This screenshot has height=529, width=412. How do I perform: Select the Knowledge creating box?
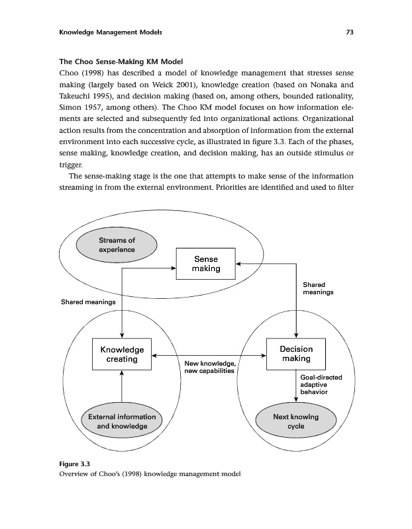[122, 354]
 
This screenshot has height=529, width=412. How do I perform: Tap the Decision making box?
[296, 354]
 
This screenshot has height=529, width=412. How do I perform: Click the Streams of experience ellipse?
[117, 245]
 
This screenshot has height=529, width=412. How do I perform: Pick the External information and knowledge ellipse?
[122, 421]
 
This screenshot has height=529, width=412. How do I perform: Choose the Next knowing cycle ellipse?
[295, 421]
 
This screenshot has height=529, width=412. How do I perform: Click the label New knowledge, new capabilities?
[209, 367]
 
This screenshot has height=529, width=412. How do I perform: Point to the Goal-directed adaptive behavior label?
[321, 384]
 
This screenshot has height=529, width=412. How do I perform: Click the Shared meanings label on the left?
[89, 302]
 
